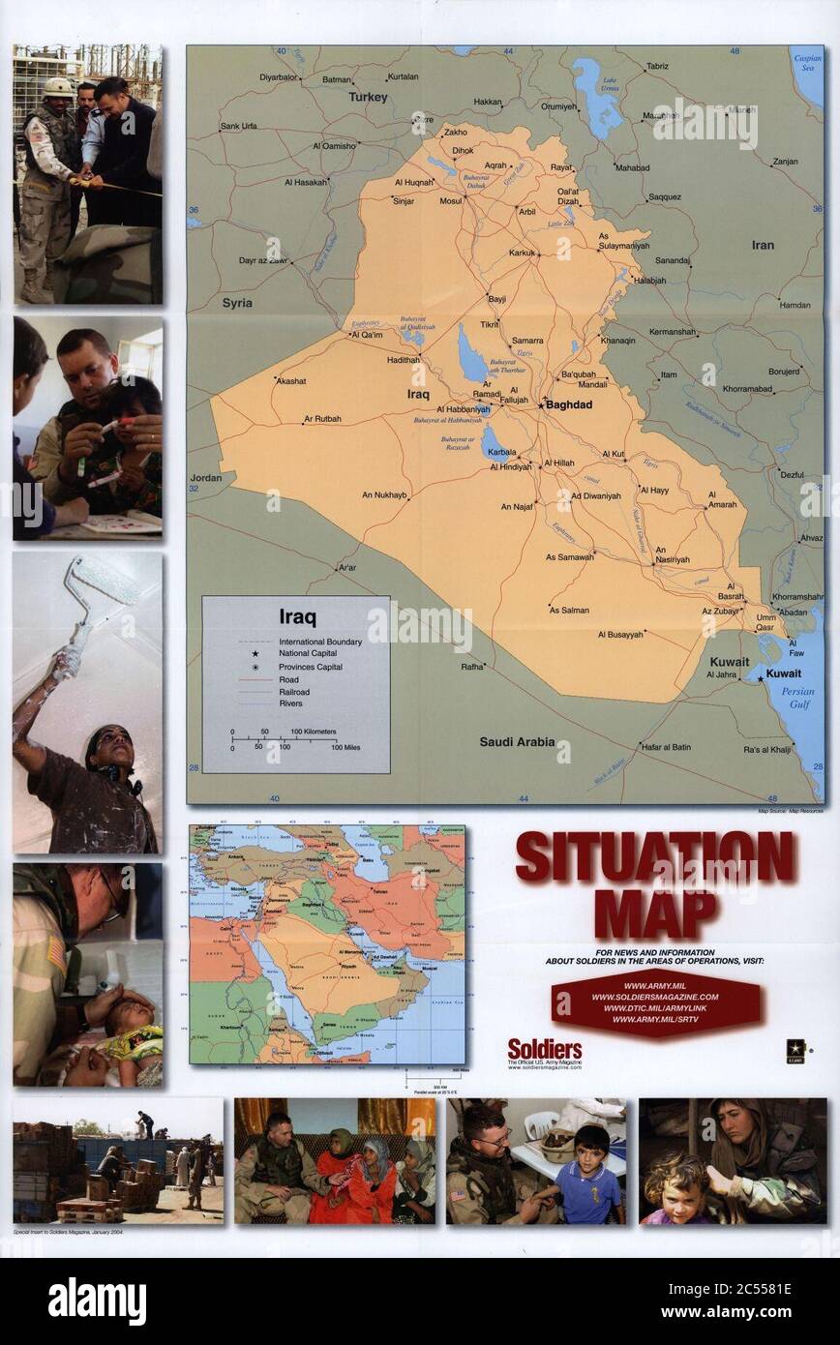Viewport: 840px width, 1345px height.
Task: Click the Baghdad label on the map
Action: (x=569, y=404)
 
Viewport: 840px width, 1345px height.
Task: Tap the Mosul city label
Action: (x=451, y=201)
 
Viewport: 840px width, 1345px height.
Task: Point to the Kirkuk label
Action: (x=522, y=254)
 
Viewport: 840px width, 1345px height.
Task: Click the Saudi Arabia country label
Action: (x=518, y=742)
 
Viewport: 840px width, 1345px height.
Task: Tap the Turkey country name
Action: (x=368, y=97)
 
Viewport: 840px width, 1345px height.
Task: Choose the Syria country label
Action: (x=237, y=303)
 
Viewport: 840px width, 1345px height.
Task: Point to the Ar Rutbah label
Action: (x=322, y=419)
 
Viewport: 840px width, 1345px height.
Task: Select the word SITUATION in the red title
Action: (x=654, y=855)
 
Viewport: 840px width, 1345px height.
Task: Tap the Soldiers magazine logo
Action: (x=545, y=1049)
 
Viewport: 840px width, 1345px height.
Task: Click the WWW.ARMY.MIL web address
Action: (x=655, y=986)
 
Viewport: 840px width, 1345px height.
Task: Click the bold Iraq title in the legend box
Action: (x=297, y=616)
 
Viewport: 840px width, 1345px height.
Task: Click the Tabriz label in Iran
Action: (x=657, y=67)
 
